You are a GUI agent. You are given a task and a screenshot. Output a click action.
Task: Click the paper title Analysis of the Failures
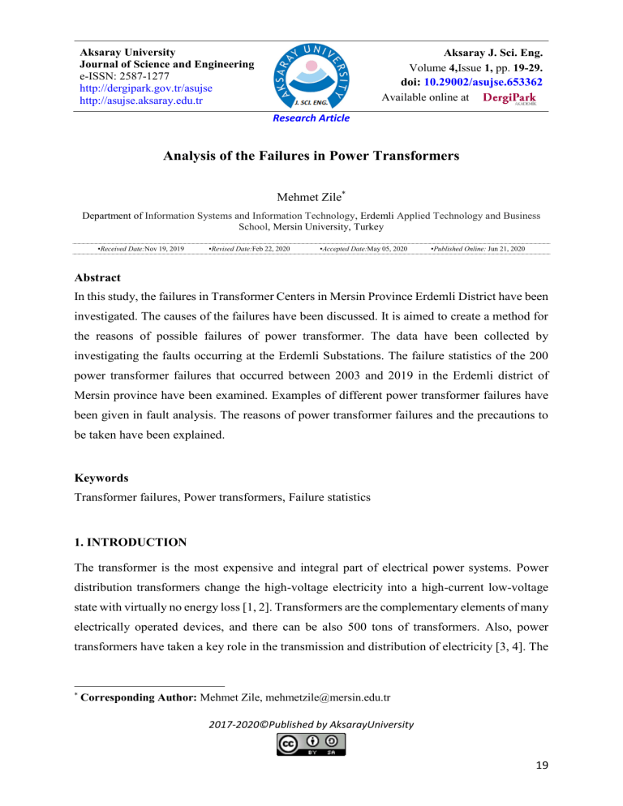click(311, 160)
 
